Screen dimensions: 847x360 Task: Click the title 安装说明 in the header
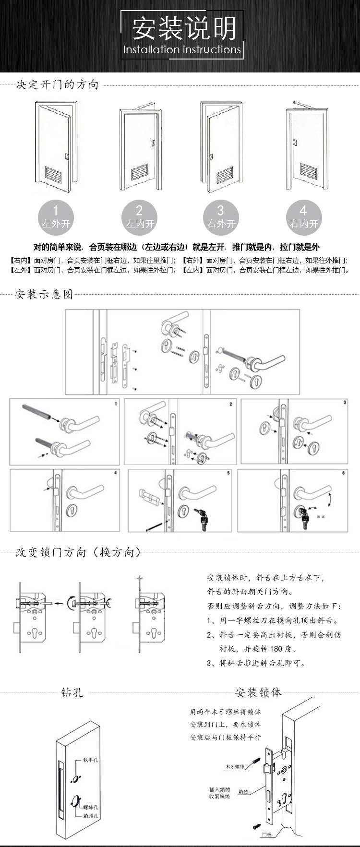click(184, 28)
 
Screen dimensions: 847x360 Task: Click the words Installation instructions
click(182, 49)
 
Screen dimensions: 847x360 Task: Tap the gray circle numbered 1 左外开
click(56, 216)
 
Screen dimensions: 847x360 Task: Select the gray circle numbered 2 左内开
click(139, 216)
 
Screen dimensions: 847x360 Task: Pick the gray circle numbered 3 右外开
click(221, 216)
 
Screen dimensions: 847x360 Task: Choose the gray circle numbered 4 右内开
click(303, 216)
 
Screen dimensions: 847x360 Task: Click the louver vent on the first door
click(54, 173)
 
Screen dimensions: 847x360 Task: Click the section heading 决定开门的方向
click(57, 85)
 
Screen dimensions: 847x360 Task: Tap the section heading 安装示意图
click(44, 294)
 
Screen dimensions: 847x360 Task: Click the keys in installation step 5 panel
click(202, 519)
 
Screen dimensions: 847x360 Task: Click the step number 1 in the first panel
click(116, 404)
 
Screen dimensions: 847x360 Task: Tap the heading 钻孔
click(72, 692)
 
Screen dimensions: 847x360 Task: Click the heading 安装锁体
click(258, 692)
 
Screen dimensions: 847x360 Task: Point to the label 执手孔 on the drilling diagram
click(91, 760)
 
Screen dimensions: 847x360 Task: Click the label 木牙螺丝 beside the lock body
click(235, 767)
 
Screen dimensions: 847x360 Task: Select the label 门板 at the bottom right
click(267, 835)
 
